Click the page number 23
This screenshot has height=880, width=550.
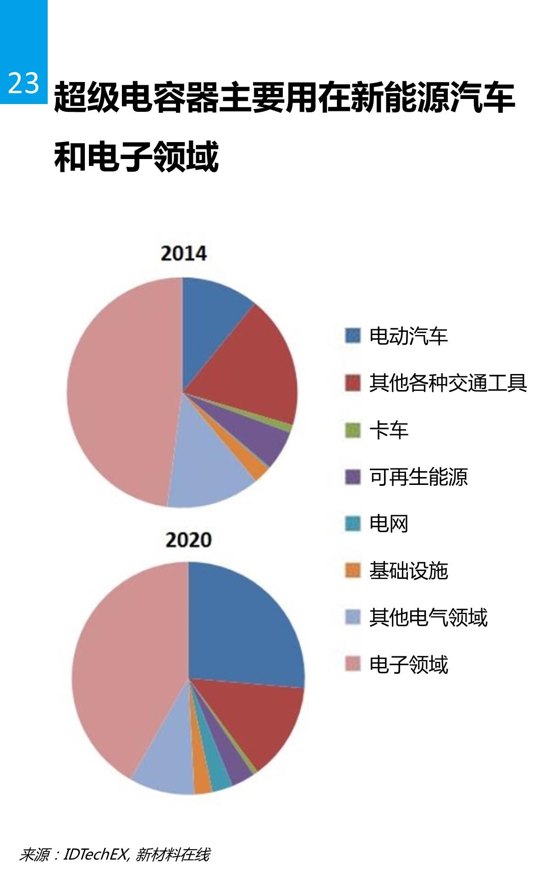pyautogui.click(x=23, y=83)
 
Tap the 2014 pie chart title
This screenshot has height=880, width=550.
pyautogui.click(x=184, y=253)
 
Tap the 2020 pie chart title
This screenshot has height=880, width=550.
pyautogui.click(x=188, y=539)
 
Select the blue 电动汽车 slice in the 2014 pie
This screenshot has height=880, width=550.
pyautogui.click(x=211, y=316)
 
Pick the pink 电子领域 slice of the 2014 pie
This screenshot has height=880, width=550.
pyautogui.click(x=119, y=390)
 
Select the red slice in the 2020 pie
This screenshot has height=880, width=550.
pyautogui.click(x=257, y=720)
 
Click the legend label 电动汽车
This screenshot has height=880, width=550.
pyautogui.click(x=408, y=336)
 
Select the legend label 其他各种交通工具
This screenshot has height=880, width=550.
pyautogui.click(x=448, y=383)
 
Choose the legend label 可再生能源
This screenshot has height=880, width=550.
pyautogui.click(x=418, y=477)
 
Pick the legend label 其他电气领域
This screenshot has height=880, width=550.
pyautogui.click(x=428, y=617)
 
